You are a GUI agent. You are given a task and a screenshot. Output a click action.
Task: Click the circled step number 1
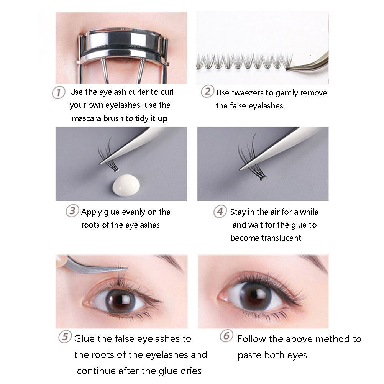(59, 93)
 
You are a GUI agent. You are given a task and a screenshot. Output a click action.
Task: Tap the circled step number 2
(207, 92)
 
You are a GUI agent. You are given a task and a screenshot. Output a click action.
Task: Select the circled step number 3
(72, 211)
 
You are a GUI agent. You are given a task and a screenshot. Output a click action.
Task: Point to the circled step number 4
(220, 211)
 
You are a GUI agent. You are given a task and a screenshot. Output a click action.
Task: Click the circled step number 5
(65, 336)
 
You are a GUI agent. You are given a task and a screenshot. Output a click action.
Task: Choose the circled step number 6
(226, 336)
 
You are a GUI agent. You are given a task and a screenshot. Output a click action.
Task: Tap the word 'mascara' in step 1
(87, 118)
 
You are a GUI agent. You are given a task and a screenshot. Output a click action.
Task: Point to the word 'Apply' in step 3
(92, 212)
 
